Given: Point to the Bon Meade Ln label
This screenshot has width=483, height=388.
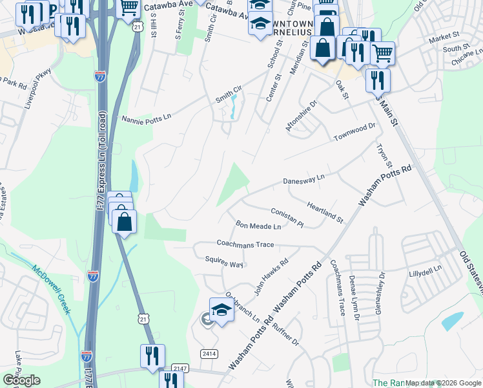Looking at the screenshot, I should [x=258, y=226].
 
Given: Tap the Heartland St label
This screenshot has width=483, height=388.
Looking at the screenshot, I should [x=325, y=211].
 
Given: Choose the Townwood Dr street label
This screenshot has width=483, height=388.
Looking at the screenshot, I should [x=354, y=131].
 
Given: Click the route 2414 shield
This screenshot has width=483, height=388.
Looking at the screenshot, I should [x=209, y=354].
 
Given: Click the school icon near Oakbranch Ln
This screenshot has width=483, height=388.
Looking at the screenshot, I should [x=222, y=310].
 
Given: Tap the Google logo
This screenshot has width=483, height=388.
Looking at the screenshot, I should [x=21, y=380].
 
